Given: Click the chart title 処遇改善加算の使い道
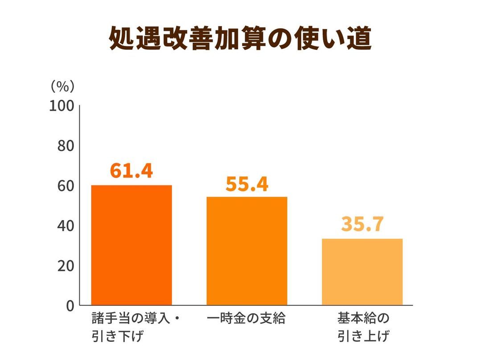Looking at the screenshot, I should click(240, 39).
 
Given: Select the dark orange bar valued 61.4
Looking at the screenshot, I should click(131, 245).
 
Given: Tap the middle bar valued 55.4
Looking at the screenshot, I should click(247, 251).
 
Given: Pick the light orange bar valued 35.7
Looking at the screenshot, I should click(362, 272).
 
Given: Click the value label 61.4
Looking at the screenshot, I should click(131, 170).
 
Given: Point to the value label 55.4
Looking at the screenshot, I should click(247, 184).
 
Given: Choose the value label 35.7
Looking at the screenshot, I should click(362, 224).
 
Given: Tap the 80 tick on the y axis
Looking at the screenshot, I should click(65, 146).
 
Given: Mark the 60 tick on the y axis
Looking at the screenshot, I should click(65, 186).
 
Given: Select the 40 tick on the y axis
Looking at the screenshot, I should click(65, 225).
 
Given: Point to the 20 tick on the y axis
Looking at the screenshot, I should click(65, 266).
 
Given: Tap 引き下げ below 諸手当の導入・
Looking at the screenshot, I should click(119, 335).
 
